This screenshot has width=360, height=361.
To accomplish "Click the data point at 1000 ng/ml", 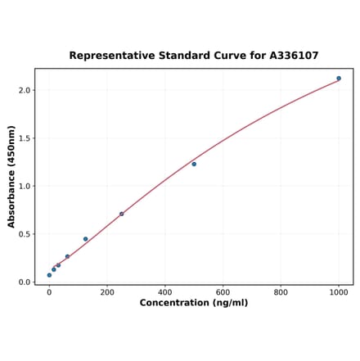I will [339, 79].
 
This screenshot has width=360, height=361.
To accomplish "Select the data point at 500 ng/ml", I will [194, 164].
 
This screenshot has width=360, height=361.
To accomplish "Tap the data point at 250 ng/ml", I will [122, 214].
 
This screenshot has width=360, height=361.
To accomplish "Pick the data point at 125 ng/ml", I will [85, 239].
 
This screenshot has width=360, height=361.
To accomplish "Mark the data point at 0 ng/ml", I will [49, 275].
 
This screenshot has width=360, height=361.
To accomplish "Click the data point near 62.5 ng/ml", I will [67, 256].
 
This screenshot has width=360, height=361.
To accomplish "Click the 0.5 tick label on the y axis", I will [25, 234].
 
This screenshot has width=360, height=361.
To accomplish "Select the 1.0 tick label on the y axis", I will [25, 186].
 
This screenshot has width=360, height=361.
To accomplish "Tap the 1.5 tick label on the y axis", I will [25, 138].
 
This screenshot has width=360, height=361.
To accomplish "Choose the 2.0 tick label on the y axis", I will [25, 90].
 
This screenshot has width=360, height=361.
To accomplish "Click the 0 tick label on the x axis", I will [49, 292].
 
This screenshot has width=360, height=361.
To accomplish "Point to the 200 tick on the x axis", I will [107, 292].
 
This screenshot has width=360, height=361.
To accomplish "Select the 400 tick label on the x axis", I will [165, 292].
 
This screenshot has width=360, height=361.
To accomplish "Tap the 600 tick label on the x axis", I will [223, 292].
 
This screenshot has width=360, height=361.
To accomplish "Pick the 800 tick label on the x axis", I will [281, 292].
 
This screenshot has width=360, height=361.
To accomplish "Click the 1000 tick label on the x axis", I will [339, 292].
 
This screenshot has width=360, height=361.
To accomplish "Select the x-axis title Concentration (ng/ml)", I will [194, 303].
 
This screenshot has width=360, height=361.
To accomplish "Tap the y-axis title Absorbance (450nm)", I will [11, 176].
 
